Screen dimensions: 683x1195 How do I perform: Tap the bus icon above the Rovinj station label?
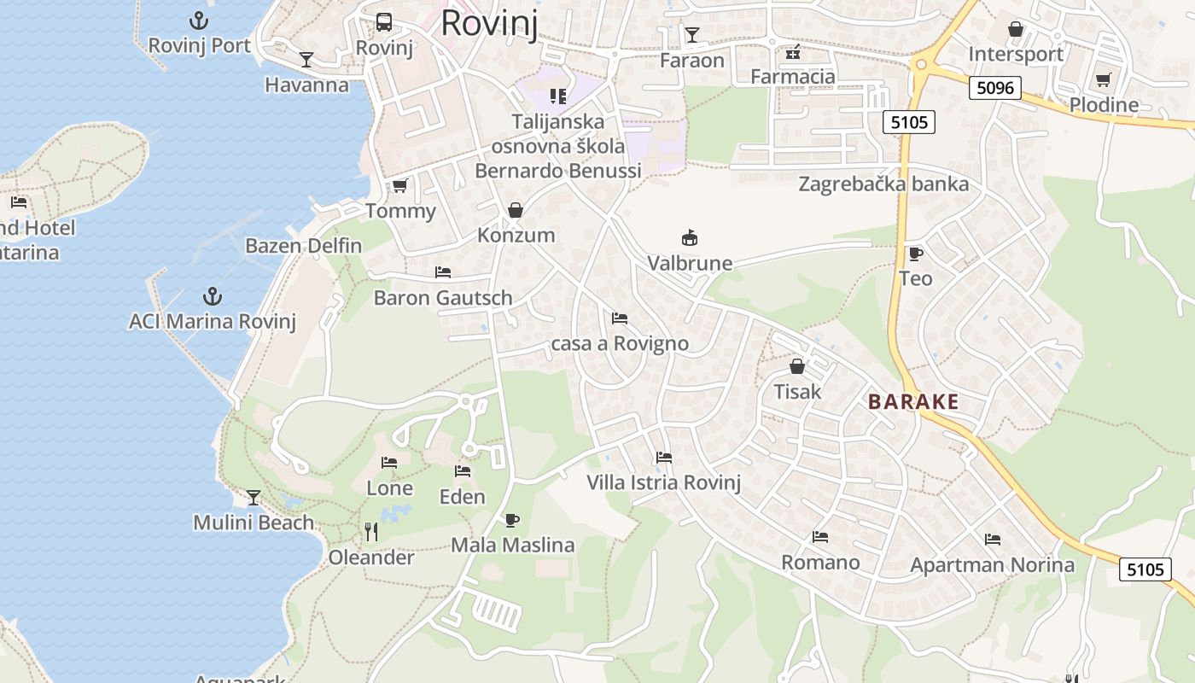click(384, 22)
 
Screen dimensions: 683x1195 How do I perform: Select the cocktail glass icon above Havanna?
click(306, 59)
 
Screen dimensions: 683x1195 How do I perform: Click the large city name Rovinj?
click(489, 23)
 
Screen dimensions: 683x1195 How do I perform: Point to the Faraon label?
click(692, 61)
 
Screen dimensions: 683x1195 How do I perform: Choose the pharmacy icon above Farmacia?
click(793, 52)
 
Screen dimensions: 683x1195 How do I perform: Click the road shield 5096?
click(995, 88)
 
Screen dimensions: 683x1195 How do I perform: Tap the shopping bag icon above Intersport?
click(1016, 30)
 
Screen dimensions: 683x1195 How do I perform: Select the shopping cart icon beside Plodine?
click(1104, 80)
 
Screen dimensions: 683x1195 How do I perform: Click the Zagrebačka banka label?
click(883, 184)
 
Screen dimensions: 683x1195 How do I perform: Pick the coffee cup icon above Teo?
click(915, 254)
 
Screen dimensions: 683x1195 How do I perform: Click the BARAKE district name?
click(913, 402)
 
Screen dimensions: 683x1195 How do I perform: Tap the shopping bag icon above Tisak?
click(797, 367)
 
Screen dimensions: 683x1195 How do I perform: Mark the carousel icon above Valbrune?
click(690, 237)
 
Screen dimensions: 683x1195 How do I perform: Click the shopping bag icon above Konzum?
click(516, 210)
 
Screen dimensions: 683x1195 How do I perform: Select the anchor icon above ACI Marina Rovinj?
click(213, 296)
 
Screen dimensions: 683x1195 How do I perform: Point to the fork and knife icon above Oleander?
click(371, 532)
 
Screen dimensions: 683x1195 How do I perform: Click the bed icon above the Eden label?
click(463, 471)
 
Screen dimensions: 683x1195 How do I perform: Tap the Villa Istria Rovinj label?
click(663, 482)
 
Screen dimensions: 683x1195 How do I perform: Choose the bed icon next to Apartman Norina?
click(992, 540)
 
